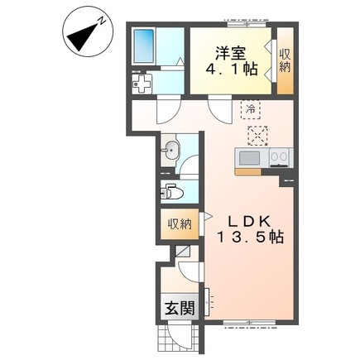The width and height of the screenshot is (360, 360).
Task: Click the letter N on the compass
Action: pos(102,21)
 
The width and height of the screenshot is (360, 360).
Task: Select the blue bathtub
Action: pos(143,46)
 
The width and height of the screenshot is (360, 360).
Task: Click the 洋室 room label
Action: pos(231,53)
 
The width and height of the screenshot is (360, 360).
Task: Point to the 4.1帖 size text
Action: pos(232,69)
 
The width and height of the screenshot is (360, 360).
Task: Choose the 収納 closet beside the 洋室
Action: pos(285,60)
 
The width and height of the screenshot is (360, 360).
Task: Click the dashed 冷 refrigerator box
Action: pos(251,109)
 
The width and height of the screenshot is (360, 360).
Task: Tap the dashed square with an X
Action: pos(257,136)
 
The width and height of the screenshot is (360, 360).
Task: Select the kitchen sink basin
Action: pos(249,158)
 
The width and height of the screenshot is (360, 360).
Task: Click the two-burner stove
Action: pos(280,158)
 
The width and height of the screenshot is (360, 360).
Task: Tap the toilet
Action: pos(171,192)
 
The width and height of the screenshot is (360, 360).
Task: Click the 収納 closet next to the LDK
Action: pos(180,224)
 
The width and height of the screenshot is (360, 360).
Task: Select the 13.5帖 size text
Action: pos(250,238)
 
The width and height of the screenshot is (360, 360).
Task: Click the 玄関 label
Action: pos(180,308)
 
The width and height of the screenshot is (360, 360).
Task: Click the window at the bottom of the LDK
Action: pos(249,322)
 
